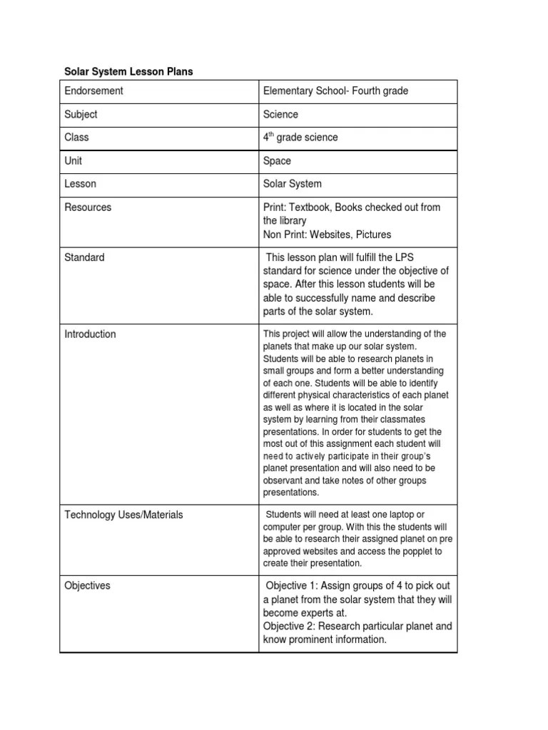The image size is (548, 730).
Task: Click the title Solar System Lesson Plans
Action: coord(128,72)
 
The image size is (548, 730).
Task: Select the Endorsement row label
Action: coord(93,91)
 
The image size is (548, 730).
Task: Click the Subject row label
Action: coord(81,114)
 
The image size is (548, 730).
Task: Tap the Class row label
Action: coord(76,138)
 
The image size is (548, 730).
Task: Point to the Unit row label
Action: coord(73,160)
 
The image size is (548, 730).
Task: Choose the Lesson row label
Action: coord(80,184)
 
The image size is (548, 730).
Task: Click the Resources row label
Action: coord(88,207)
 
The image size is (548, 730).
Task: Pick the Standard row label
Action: coord(84,257)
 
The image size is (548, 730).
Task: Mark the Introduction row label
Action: coord(90,334)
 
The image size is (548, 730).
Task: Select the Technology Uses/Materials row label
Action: coord(123,515)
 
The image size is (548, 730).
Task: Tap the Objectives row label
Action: coord(87,586)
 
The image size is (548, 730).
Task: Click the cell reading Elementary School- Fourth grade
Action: coord(335,91)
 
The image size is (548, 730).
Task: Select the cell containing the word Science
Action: coord(280,114)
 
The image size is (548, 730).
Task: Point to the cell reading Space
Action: coord(277,160)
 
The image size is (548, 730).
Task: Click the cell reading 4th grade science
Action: coord(300,138)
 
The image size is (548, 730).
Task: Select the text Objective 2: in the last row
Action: coord(289,627)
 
